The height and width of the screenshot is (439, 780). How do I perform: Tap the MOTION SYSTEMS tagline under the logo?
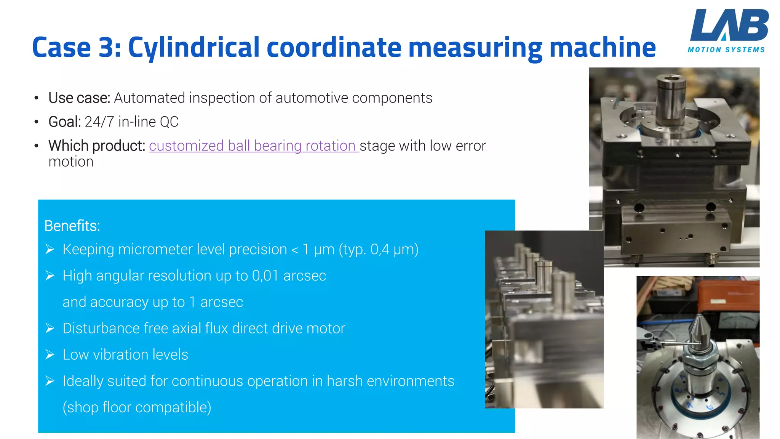[x=726, y=50]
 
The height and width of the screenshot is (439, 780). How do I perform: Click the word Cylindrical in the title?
[x=193, y=48]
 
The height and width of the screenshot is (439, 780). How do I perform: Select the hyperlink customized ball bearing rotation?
[x=253, y=146]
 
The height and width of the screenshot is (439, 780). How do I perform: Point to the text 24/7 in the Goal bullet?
[x=99, y=122]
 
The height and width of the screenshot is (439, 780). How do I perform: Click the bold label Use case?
[x=79, y=98]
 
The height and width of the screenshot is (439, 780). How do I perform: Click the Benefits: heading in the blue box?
[x=72, y=226]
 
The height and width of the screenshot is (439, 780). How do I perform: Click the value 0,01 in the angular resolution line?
[x=265, y=276]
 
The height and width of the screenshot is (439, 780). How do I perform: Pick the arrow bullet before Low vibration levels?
[x=50, y=355]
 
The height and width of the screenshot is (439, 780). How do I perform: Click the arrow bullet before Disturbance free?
[x=50, y=328]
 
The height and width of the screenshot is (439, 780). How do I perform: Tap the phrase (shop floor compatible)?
[x=137, y=407]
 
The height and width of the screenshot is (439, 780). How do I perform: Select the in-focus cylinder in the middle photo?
[x=543, y=276]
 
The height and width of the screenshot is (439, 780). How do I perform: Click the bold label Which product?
[x=97, y=146]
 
